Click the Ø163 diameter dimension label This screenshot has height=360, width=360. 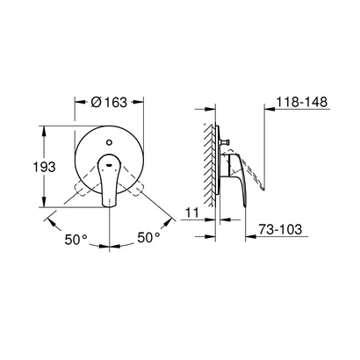[x=109, y=102]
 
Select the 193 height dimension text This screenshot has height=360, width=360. [x=44, y=167]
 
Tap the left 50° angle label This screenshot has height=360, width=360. [x=76, y=240]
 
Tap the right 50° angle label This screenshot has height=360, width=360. [x=149, y=237]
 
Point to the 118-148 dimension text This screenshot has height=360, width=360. [x=302, y=102]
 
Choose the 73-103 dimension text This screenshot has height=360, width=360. [x=280, y=229]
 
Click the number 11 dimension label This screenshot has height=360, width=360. [x=192, y=212]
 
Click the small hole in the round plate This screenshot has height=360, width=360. [x=109, y=142]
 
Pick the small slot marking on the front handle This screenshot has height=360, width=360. [x=109, y=164]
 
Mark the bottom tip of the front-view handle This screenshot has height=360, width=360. [x=109, y=205]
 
